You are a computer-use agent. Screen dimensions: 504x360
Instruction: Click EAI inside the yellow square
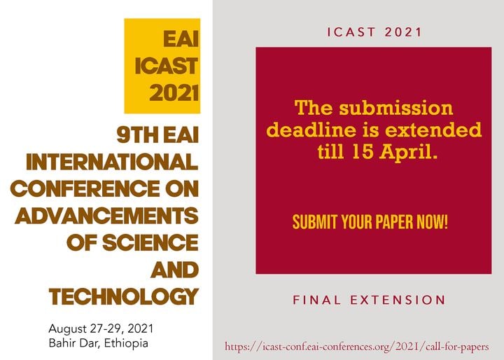[x=181, y=39]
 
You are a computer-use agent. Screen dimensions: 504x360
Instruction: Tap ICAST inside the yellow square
[x=167, y=66]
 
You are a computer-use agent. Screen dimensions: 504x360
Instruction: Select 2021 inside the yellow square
[x=174, y=93]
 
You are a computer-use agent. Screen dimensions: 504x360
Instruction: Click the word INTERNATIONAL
[x=112, y=162]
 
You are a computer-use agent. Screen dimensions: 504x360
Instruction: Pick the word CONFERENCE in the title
[x=85, y=188]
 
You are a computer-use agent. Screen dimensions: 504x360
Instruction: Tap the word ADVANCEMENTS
[x=106, y=216]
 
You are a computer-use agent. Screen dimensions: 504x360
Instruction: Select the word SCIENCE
[x=150, y=242]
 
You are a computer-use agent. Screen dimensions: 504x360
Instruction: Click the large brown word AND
[x=174, y=270]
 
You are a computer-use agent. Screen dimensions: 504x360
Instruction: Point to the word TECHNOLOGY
[x=124, y=297]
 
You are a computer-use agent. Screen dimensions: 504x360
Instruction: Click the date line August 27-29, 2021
[x=101, y=328]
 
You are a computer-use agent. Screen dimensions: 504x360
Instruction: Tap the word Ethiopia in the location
[x=126, y=343]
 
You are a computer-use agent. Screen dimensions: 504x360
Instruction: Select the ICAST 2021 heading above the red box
[x=374, y=32]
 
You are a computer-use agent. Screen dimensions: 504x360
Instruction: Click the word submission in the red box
[x=396, y=107]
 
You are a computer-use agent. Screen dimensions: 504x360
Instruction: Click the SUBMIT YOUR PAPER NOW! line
[x=370, y=221]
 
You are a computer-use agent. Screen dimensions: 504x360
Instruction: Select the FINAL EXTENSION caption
[x=369, y=300]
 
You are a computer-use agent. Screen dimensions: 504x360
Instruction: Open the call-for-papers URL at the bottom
[x=357, y=347]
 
